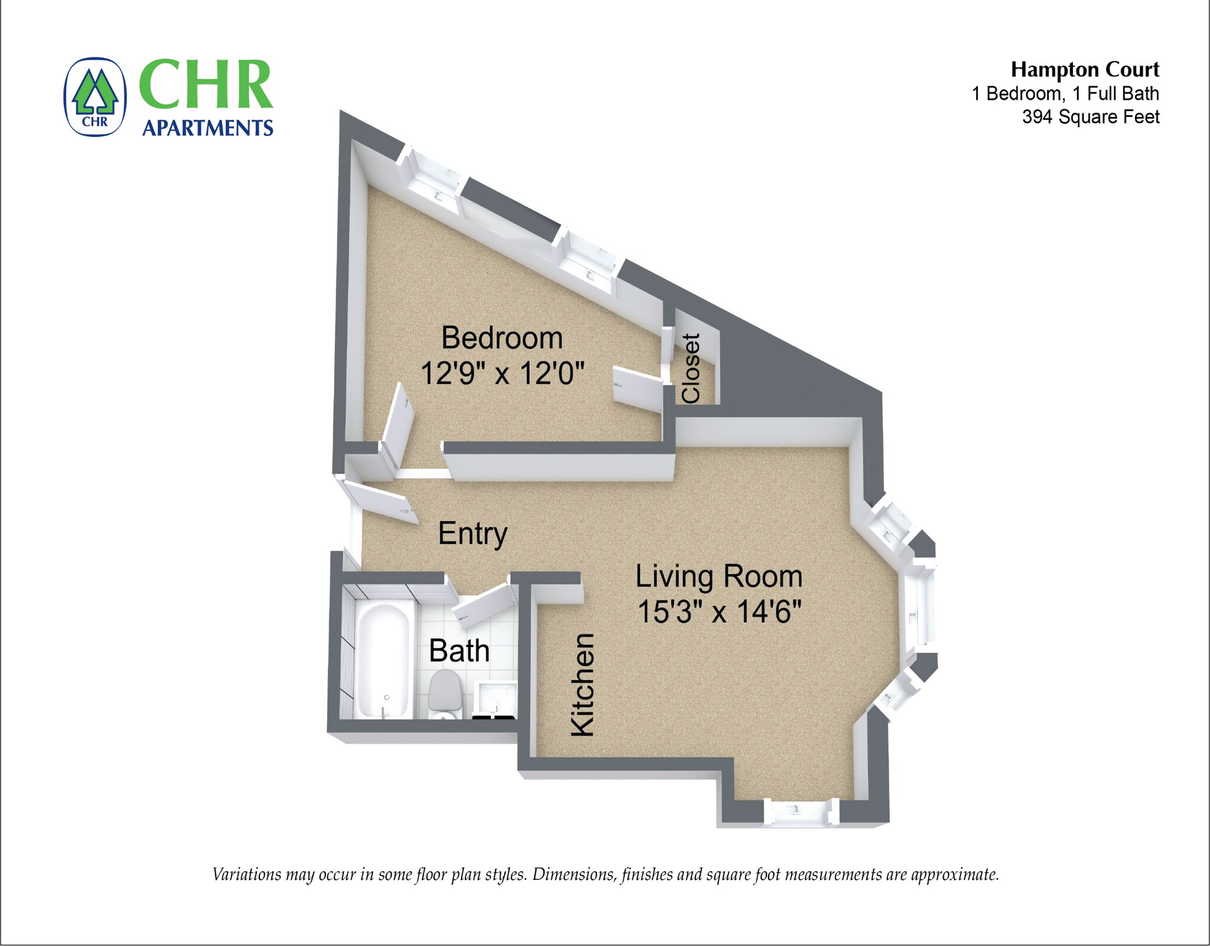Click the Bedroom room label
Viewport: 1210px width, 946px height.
point(502,338)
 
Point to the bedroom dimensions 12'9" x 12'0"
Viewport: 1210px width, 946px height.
point(502,373)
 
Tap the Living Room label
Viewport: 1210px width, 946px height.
point(718,576)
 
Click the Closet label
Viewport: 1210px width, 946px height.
point(691,368)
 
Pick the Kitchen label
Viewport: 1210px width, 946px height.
point(582,685)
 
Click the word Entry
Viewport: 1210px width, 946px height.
point(472,534)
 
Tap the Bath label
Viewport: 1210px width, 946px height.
point(459,651)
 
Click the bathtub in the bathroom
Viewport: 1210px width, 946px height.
point(382,658)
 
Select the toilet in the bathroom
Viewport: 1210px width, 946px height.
point(444,692)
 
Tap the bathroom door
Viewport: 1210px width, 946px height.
point(483,605)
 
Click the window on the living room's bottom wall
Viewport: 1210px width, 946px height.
point(801,811)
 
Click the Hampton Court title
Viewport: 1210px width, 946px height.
point(1084,70)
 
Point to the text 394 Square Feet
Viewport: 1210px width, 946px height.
point(1090,117)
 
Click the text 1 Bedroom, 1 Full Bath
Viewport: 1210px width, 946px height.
point(1065,93)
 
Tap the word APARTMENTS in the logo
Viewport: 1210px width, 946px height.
point(207,128)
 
